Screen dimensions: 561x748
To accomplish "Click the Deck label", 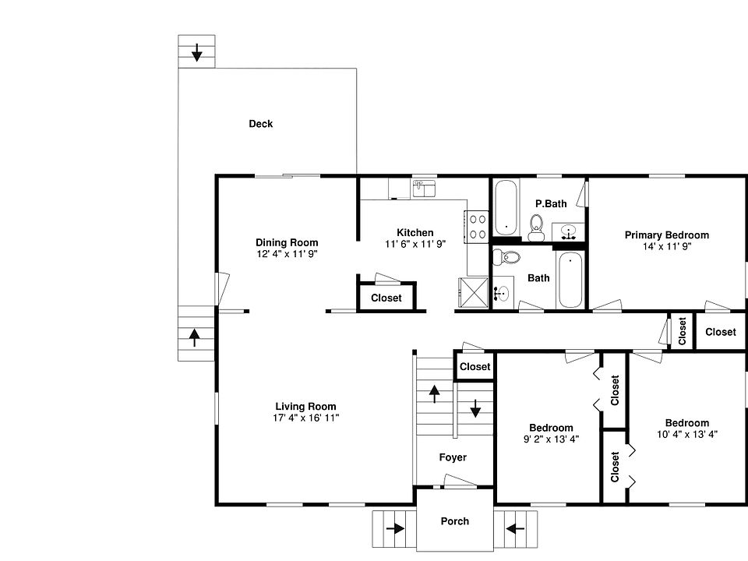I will point(260,124).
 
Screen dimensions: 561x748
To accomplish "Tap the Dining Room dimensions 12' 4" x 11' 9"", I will point(287,254).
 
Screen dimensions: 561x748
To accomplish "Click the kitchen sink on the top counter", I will point(424,188).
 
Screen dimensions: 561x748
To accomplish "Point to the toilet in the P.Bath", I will point(535,228).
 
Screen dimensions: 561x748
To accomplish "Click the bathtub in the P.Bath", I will point(506,207).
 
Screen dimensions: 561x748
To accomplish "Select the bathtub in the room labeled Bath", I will point(569,280).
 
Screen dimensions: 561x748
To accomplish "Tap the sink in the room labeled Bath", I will point(503,293).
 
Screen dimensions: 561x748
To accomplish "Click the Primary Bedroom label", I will point(666,235).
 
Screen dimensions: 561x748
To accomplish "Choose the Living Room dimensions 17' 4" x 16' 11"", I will point(305,418).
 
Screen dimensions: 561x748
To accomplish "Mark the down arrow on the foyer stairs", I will point(475,408).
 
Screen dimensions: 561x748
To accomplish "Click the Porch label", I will point(455,521).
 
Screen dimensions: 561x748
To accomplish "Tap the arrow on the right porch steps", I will point(514,528).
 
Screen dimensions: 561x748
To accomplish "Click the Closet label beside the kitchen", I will point(386,298).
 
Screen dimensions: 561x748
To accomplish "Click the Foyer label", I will point(453,457).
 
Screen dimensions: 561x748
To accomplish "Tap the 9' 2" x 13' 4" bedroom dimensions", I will point(551,439).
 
